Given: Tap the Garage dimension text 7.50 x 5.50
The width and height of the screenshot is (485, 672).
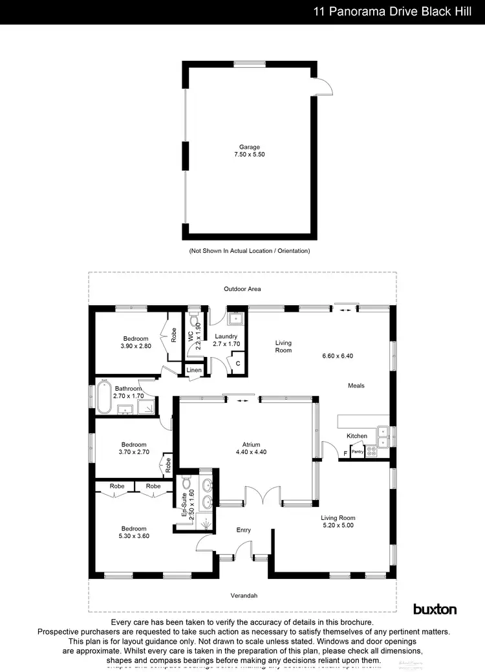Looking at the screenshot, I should click(x=250, y=155).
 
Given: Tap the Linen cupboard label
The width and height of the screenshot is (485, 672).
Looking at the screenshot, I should click(x=194, y=370).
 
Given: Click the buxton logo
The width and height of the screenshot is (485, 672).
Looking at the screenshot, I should click(x=435, y=609).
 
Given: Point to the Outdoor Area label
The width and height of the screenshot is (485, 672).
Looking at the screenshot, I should click(x=242, y=288).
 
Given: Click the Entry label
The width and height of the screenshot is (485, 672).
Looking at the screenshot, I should click(x=243, y=530).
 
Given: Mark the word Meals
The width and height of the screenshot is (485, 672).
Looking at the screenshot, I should click(x=356, y=385).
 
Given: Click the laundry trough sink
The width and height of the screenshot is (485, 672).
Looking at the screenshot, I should click(x=236, y=318).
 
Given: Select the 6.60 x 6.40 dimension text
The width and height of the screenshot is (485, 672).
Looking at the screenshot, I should click(x=339, y=356).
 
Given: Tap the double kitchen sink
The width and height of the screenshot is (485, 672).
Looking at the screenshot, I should click(x=383, y=436).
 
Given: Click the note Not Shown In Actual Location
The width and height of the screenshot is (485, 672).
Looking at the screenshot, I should click(x=250, y=250).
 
